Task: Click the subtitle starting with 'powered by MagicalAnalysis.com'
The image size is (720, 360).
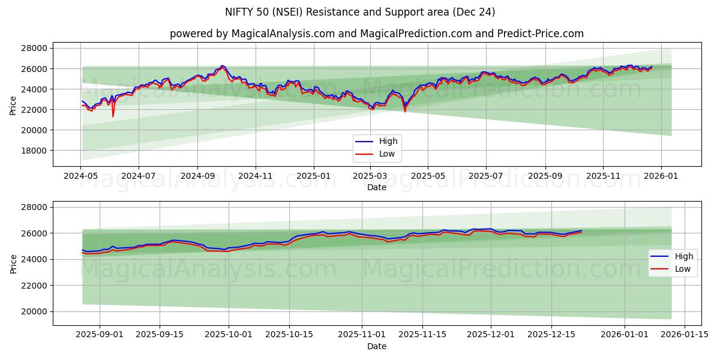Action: [x=376, y=34]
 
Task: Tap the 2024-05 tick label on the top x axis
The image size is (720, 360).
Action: [x=80, y=177]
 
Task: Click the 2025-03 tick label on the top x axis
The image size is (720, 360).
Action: [x=370, y=177]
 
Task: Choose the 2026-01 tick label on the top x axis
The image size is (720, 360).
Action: [x=661, y=177]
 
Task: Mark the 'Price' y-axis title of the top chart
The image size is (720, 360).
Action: [x=13, y=105]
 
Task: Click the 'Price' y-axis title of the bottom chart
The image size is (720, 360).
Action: [x=13, y=263]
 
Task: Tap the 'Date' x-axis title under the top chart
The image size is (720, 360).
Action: [x=376, y=188]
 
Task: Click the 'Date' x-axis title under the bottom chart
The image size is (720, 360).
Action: [x=376, y=346]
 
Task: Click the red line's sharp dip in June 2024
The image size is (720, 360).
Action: [x=113, y=116]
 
